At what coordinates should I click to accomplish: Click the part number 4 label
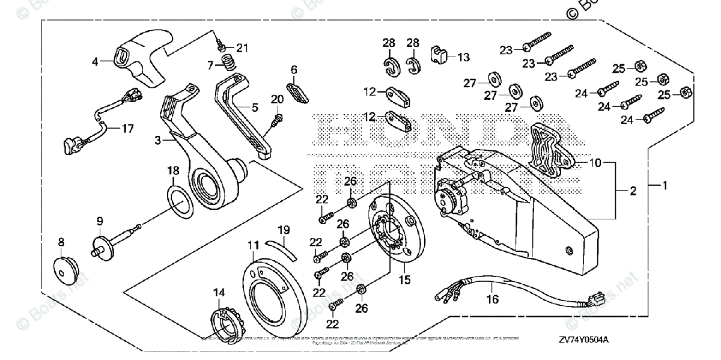coord(95,61)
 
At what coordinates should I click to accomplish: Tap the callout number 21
coord(242,47)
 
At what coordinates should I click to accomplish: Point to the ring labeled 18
coord(181,203)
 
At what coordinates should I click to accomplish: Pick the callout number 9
coord(100,221)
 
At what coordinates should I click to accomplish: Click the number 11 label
coord(253,245)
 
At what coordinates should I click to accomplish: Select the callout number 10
coord(594,162)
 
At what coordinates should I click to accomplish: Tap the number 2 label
coord(632,191)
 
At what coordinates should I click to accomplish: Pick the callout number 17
coord(128,129)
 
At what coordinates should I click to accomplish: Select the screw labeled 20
coord(277,120)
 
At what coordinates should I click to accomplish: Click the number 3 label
coord(157,140)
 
